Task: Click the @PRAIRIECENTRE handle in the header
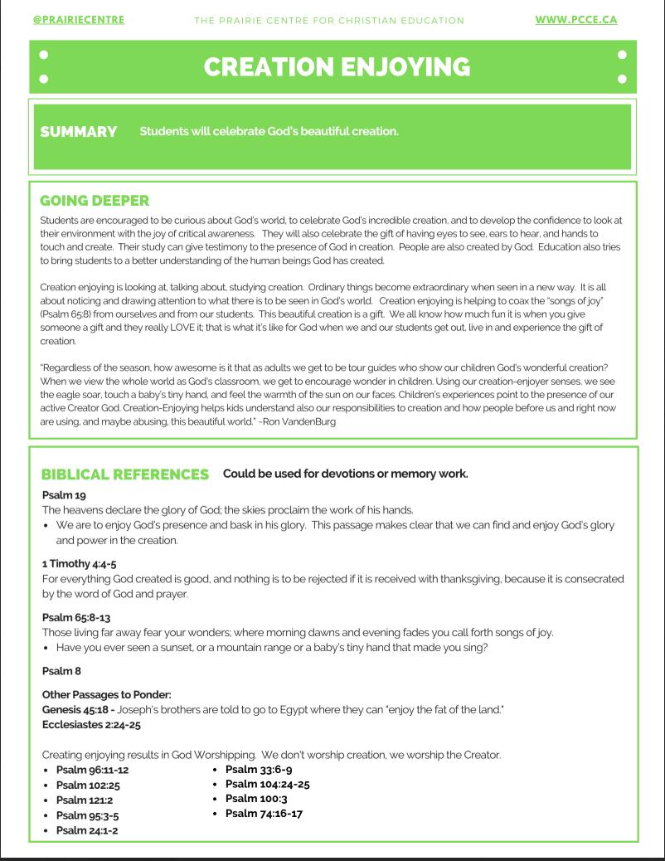79,19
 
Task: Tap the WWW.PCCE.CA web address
575,19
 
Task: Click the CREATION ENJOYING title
337,67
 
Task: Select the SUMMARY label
79,132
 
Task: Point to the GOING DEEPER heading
95,201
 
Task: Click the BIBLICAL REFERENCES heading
125,474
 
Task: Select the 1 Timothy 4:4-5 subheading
79,564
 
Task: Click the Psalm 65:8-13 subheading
76,617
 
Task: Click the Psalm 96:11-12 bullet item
92,770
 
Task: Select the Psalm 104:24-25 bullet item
267,784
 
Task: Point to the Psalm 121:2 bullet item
85,800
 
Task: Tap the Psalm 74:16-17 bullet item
264,814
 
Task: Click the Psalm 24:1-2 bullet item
86,830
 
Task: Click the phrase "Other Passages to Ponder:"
106,695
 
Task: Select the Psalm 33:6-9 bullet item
258,769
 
